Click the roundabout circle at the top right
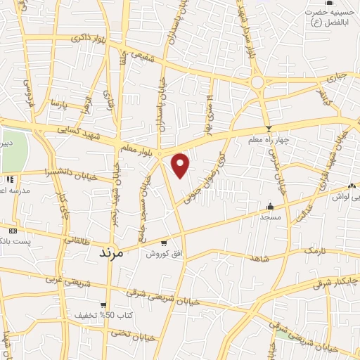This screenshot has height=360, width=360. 257,82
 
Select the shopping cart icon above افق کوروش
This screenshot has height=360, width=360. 164,243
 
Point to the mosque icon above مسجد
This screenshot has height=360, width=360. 271,206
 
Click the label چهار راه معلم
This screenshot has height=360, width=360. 269,141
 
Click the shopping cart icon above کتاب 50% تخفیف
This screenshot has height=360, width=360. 103,305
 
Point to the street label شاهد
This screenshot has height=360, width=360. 259,259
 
